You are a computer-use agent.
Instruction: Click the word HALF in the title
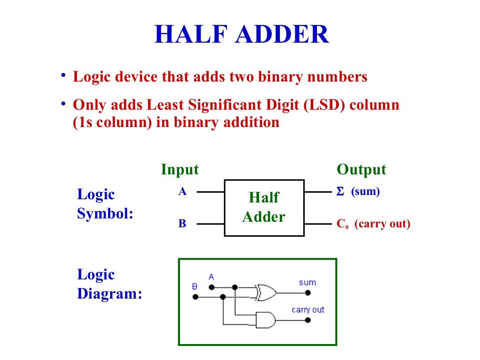pyautogui.click(x=192, y=35)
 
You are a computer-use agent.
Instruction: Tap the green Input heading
pyautogui.click(x=180, y=169)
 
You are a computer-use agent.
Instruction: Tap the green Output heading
pyautogui.click(x=361, y=169)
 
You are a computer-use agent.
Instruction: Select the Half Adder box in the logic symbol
pyautogui.click(x=264, y=208)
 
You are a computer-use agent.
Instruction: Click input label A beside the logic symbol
pyautogui.click(x=182, y=191)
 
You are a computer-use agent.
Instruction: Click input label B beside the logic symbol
pyautogui.click(x=182, y=224)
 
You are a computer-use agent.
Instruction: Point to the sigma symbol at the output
pyautogui.click(x=340, y=192)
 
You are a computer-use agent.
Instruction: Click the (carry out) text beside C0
pyautogui.click(x=382, y=224)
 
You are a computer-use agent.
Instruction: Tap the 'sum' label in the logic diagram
pyautogui.click(x=307, y=282)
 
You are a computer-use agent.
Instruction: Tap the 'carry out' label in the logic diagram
pyautogui.click(x=307, y=310)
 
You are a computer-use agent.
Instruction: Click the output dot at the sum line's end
pyautogui.click(x=308, y=292)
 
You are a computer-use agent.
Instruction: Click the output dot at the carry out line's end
pyautogui.click(x=308, y=320)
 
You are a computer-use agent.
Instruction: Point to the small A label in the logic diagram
pyautogui.click(x=211, y=277)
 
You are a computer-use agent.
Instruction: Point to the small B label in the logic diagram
pyautogui.click(x=195, y=286)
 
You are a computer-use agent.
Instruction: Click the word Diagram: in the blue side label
pyautogui.click(x=109, y=294)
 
